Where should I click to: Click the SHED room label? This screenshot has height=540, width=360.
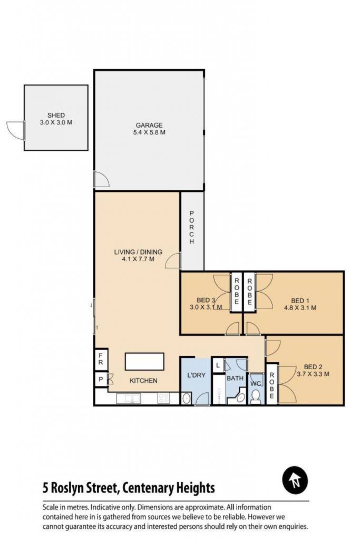(x=56, y=115)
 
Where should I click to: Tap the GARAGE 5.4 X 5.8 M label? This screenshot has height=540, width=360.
(x=149, y=129)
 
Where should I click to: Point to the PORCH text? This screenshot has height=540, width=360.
(x=192, y=228)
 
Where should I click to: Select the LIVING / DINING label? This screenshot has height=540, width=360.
(x=138, y=252)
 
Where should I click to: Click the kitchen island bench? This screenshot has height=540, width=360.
(x=144, y=361)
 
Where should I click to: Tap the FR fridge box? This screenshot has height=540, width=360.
(x=101, y=359)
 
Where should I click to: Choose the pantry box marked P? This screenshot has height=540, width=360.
(x=101, y=380)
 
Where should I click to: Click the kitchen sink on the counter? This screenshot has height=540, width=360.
(x=128, y=399)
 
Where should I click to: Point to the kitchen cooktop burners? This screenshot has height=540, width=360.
(x=163, y=399)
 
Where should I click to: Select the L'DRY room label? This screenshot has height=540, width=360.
(x=196, y=375)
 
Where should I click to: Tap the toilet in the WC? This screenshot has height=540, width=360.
(x=255, y=396)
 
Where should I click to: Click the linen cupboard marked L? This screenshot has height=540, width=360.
(x=218, y=365)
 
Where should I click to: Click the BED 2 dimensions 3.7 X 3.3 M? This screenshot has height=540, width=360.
(x=313, y=374)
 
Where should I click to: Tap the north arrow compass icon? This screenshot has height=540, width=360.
(x=295, y=480)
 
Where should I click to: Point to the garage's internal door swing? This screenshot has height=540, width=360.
(x=102, y=179)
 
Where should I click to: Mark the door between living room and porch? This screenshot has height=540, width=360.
(x=173, y=261)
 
